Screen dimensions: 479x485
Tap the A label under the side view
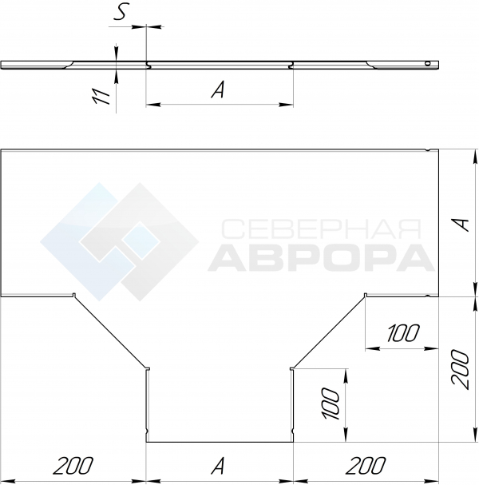point(218,89)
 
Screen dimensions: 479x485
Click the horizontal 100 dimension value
point(404,333)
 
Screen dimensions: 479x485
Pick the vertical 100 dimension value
point(331,403)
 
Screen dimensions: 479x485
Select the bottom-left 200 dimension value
point(73,466)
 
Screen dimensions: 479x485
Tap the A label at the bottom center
point(218,466)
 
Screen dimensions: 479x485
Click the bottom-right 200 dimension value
point(366,466)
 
